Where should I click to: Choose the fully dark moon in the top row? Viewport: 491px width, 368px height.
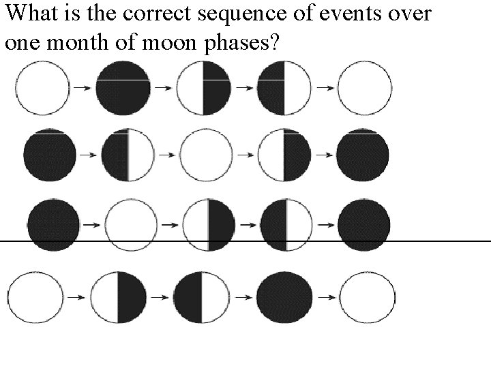123,88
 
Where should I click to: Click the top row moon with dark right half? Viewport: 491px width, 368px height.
203,88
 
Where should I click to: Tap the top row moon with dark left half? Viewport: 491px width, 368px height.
284,88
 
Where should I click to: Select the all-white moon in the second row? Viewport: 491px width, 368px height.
204,155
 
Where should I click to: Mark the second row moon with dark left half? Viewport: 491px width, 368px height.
128,155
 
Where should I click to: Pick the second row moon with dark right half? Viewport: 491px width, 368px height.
284,155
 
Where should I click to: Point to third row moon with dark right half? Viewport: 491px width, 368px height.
208,224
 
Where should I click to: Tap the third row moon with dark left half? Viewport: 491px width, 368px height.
286,224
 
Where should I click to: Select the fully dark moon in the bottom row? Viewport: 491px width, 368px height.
284,297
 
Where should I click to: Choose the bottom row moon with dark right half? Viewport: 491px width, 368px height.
119,297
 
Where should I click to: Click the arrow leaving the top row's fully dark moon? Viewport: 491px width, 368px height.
163,88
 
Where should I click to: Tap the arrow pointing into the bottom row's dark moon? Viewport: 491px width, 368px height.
242,297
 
